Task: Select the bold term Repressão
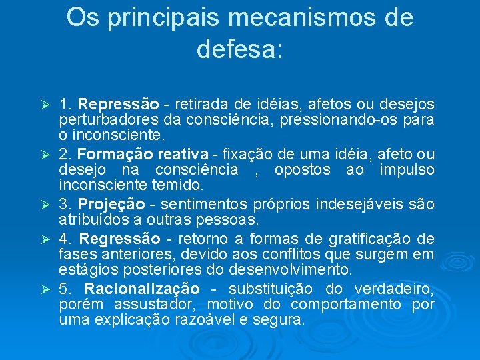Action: coord(118,104)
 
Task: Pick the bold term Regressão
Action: coord(120,238)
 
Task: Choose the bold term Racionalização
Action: coord(142,289)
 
